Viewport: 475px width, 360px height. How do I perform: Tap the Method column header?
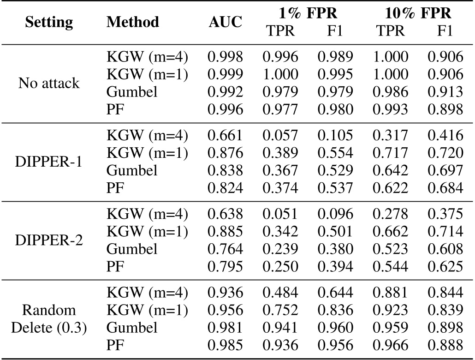point(133,22)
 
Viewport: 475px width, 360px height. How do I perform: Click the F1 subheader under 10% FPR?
point(445,30)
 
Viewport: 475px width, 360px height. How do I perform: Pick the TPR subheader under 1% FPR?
point(280,30)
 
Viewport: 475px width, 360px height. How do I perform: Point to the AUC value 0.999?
point(225,74)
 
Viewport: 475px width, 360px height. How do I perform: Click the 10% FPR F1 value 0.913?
point(445,92)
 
